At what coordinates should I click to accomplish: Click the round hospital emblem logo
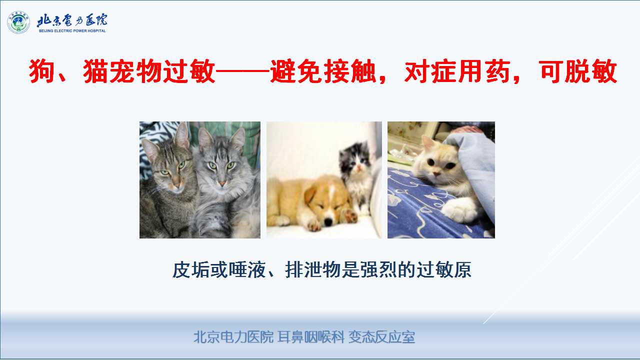coord(18,22)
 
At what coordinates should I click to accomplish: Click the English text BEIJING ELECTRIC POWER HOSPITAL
coord(72,31)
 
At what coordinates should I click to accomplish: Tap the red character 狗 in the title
coord(41,71)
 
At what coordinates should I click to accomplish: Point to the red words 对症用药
coord(457,71)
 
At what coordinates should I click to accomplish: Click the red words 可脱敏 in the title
coord(578,71)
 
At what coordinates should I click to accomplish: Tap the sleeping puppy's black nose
coord(329,221)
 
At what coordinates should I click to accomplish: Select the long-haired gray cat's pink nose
coord(222,182)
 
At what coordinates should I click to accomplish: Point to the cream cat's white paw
coord(459,210)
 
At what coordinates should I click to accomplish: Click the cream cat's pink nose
coord(436,173)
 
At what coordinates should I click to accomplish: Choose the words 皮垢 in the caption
coord(191,269)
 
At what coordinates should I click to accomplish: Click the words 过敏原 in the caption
coord(443,269)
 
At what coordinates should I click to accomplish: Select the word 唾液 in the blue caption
coord(247,269)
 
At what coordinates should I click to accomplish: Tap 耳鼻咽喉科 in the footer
coord(311,337)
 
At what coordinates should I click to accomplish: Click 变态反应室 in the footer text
coord(381,337)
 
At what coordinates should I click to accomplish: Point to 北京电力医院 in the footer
coord(233,337)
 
